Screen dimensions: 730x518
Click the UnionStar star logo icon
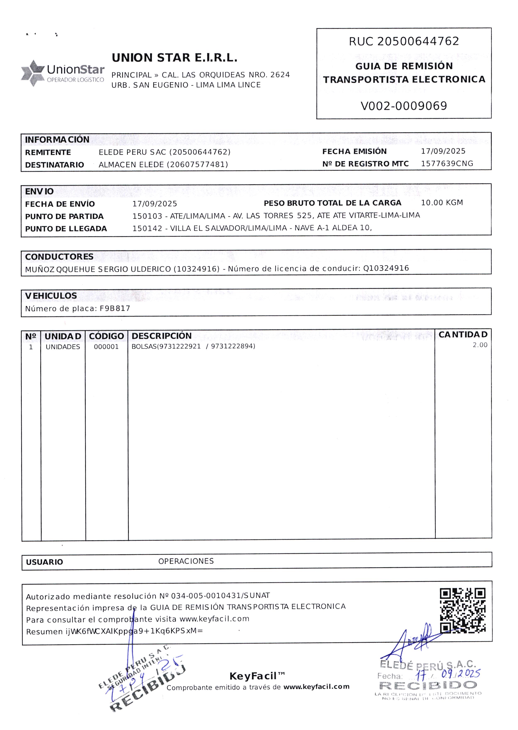tap(33, 73)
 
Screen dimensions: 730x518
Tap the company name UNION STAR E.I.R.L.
tap(175, 58)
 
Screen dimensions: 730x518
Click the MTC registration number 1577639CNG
tap(447, 164)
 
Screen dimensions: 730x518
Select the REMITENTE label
tap(48, 152)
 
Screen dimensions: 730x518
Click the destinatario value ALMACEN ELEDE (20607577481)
tap(163, 165)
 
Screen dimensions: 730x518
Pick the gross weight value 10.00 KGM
tap(442, 203)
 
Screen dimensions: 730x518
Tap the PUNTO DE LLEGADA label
tap(66, 229)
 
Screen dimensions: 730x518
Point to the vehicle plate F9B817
tap(115, 308)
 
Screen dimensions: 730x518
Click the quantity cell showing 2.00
tap(480, 345)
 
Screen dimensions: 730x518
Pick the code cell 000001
tap(106, 347)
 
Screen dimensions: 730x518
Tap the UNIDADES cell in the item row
tap(63, 347)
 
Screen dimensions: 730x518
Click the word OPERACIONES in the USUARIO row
tap(186, 561)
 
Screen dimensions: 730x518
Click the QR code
tap(463, 611)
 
